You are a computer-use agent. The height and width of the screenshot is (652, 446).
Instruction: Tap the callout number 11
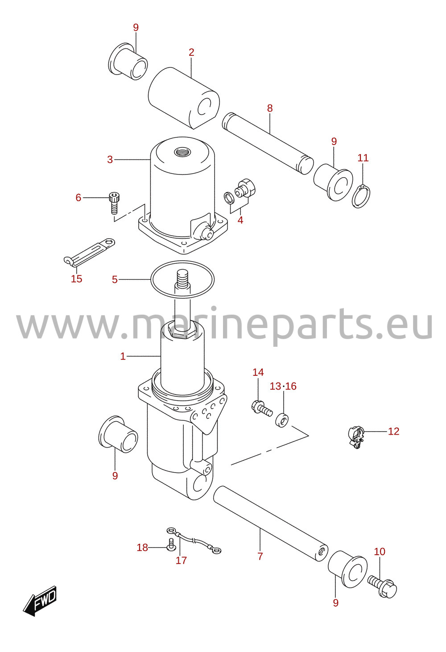(x=363, y=158)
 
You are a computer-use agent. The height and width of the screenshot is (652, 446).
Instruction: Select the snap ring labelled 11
(x=361, y=196)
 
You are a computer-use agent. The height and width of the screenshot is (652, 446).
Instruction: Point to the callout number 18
(x=142, y=548)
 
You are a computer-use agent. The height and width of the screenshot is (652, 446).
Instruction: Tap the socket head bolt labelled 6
(x=114, y=203)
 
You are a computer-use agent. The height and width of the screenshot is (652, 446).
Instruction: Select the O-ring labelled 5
(x=182, y=279)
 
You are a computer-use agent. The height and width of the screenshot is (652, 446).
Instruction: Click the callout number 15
(x=77, y=279)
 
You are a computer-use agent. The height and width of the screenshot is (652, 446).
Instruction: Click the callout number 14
(x=258, y=372)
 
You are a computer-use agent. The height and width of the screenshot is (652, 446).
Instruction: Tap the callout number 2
(x=191, y=52)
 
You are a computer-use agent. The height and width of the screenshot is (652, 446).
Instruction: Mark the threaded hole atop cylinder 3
(x=182, y=152)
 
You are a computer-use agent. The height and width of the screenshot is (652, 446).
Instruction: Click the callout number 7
(x=260, y=556)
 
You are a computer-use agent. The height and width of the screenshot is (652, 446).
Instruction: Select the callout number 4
(x=240, y=220)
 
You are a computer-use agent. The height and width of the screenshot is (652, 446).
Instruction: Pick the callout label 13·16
(x=283, y=386)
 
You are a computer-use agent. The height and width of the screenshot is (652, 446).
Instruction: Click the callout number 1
(x=123, y=356)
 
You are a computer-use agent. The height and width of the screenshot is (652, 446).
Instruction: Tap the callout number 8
(x=270, y=108)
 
